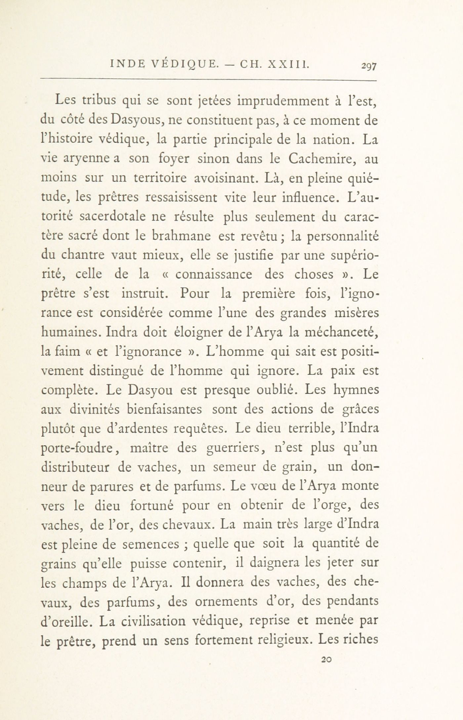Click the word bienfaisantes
pyautogui.click(x=164, y=409)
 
